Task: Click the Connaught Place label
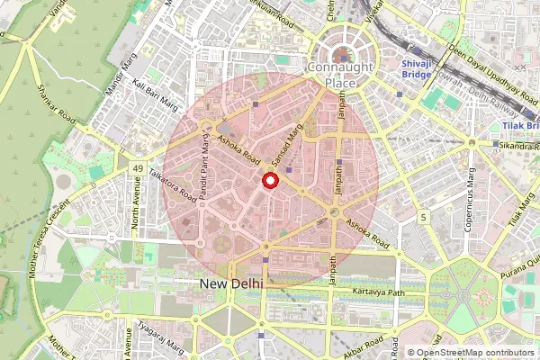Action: click(x=345, y=76)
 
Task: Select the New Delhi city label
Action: click(x=230, y=283)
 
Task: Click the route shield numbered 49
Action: click(x=138, y=168)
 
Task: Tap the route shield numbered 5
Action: click(x=422, y=218)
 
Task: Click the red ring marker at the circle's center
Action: click(x=269, y=183)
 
